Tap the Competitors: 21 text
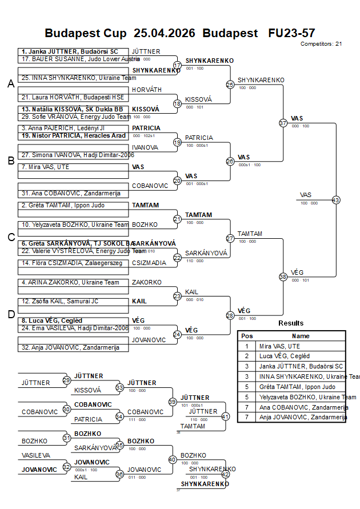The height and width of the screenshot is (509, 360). (x=321, y=43)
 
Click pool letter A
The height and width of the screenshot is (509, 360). (x=11, y=84)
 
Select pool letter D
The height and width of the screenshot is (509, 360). (x=11, y=314)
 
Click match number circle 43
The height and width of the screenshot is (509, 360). (x=336, y=200)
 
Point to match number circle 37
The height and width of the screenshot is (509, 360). (x=283, y=123)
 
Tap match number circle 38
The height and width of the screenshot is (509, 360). (x=283, y=276)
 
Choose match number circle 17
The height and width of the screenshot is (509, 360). (x=177, y=65)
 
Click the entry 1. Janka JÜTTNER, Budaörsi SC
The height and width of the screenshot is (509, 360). (x=70, y=51)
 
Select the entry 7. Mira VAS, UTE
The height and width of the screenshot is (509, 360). (x=45, y=167)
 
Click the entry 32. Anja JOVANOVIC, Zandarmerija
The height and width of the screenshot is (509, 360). (x=70, y=347)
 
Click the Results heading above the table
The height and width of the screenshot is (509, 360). (x=291, y=323)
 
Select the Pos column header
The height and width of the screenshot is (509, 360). (x=247, y=336)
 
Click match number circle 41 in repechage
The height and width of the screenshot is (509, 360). (x=225, y=416)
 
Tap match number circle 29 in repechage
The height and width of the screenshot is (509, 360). (x=67, y=380)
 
